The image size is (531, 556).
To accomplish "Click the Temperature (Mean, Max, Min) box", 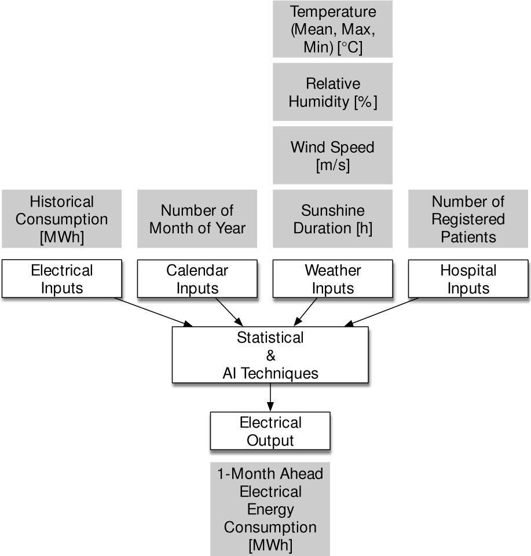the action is click(x=332, y=29).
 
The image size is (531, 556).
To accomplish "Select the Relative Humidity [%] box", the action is click(x=332, y=92).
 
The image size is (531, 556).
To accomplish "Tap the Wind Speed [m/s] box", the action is click(x=332, y=155).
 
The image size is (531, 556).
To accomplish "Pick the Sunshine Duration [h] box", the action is click(x=332, y=219).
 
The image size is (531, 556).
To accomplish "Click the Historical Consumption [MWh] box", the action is click(x=62, y=219).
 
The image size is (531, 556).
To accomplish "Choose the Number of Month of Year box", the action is click(x=197, y=219).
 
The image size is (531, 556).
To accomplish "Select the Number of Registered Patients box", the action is click(x=468, y=219).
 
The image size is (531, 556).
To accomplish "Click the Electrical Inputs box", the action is click(x=62, y=279).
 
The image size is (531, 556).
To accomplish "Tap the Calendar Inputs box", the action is click(x=197, y=279).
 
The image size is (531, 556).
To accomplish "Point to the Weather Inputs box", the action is click(x=332, y=279).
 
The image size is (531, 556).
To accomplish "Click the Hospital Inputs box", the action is click(x=468, y=279).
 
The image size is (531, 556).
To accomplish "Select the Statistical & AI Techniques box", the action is click(x=270, y=355).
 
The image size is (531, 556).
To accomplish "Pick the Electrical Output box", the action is click(x=270, y=431).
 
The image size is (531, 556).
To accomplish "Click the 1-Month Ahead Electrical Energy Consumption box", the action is click(x=270, y=509).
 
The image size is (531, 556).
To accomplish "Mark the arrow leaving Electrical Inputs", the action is click(x=153, y=312).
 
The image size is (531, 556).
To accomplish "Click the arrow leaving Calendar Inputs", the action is click(x=229, y=312).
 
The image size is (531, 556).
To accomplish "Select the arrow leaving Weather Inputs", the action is click(x=305, y=312).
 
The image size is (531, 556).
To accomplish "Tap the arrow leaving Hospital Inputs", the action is click(x=382, y=312).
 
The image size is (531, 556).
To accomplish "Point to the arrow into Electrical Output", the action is click(x=270, y=397).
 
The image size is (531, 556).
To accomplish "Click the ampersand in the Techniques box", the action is click(x=270, y=355).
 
